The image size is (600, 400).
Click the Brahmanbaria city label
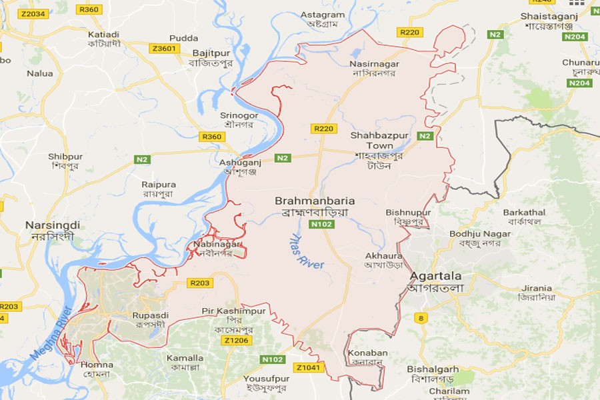click(315, 201)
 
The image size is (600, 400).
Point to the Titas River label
click(306, 251)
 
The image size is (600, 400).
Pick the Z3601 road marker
click(165, 48)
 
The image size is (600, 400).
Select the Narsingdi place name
click(52, 225)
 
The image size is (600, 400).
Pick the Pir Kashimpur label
click(233, 311)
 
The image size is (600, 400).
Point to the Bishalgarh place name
click(433, 369)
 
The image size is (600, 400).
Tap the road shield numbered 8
click(421, 318)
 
